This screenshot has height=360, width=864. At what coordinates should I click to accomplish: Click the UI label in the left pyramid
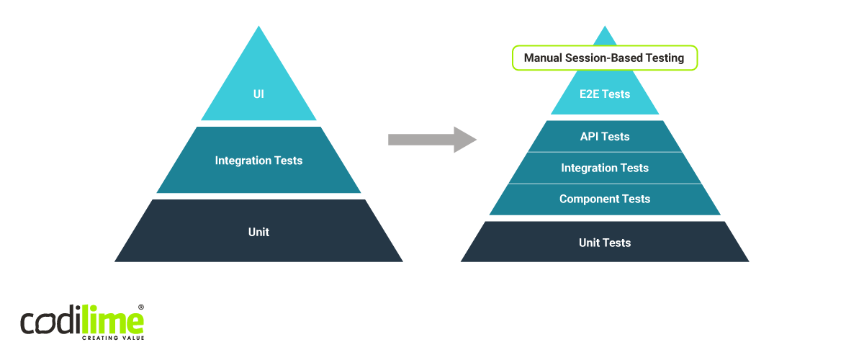258,94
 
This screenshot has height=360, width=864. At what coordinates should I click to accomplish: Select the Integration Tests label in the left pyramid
258,161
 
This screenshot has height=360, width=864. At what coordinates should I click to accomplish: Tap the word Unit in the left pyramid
258,232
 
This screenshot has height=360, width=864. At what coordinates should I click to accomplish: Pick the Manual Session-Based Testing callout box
605,58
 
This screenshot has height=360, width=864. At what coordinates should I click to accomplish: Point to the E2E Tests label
605,94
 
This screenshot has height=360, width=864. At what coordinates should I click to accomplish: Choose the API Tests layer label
605,137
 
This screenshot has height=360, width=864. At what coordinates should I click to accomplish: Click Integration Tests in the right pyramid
605,168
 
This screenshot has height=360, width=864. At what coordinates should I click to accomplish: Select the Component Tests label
605,199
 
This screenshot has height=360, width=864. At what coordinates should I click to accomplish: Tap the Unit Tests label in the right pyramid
605,243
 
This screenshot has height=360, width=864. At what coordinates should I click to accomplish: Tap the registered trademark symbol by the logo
141,307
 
